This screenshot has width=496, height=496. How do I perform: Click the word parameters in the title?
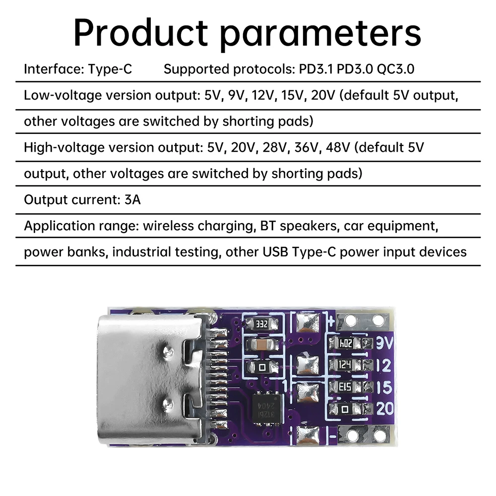click(x=321, y=34)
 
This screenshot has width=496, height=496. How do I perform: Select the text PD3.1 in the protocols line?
click(x=316, y=69)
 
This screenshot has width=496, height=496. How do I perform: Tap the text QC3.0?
click(x=395, y=69)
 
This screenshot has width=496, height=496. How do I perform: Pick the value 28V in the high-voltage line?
click(x=266, y=147)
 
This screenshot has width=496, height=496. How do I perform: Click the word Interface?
click(x=51, y=69)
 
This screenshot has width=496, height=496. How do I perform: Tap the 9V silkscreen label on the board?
click(x=384, y=343)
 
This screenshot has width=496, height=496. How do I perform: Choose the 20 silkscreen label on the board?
click(x=384, y=409)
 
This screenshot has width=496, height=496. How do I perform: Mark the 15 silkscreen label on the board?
click(x=384, y=387)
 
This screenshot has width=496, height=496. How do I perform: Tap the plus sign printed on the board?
click(x=328, y=317)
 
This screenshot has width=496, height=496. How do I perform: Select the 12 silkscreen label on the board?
click(x=384, y=366)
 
